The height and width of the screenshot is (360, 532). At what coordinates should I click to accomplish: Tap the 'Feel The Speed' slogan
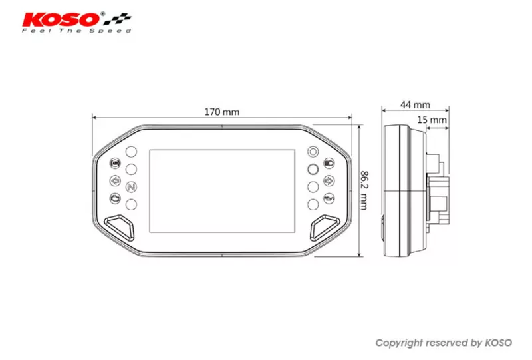click(76, 31)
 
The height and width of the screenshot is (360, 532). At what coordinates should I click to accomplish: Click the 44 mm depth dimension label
click(415, 105)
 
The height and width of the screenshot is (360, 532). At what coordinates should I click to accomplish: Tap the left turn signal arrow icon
click(115, 180)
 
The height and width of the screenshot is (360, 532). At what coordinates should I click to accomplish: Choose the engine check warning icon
click(115, 198)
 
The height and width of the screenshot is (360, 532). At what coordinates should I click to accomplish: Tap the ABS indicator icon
click(115, 163)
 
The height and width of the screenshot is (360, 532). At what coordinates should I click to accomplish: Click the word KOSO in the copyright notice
click(497, 343)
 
